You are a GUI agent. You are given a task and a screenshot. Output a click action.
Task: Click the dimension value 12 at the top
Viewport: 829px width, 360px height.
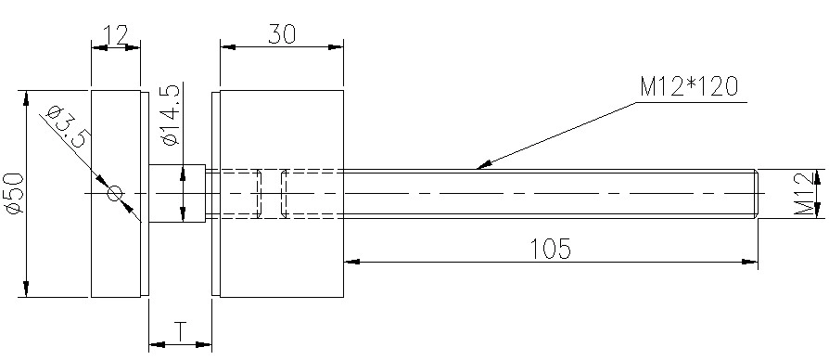pos(115,35)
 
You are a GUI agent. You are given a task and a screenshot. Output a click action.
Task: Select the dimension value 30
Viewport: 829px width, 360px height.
pos(282,34)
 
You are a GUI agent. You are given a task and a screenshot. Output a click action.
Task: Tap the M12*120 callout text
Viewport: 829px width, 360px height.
pos(688,86)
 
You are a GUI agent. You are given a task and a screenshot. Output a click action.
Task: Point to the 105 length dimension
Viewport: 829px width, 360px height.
pos(551,249)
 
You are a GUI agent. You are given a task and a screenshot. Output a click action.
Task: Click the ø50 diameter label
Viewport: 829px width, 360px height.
pos(17,193)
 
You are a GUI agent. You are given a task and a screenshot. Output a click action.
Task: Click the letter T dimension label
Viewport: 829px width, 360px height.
pos(180,331)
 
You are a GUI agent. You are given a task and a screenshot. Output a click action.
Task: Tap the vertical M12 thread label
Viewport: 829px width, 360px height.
pos(804,194)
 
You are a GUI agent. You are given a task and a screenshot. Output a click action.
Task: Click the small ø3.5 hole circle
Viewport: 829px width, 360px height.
pos(115,194)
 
